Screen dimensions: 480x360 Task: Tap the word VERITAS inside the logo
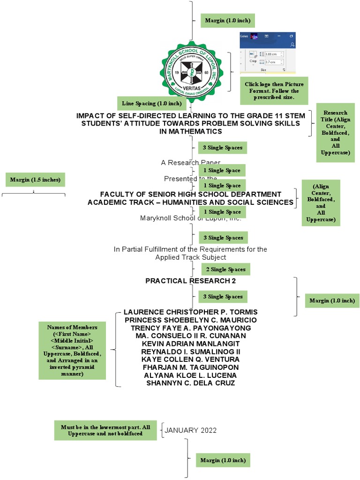pyautogui.click(x=191, y=88)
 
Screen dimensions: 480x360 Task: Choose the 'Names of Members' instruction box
pyautogui.click(x=72, y=350)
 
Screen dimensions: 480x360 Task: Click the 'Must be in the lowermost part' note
pyautogui.click(x=105, y=430)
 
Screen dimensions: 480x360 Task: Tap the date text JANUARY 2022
pyautogui.click(x=191, y=430)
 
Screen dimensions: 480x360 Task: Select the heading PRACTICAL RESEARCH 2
pyautogui.click(x=190, y=281)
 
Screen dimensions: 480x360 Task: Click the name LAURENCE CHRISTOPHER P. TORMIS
pyautogui.click(x=190, y=312)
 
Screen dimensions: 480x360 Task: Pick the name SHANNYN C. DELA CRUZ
pyautogui.click(x=190, y=383)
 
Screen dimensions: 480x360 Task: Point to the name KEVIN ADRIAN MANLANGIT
pyautogui.click(x=190, y=344)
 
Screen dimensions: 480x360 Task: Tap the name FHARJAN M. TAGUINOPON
pyautogui.click(x=190, y=367)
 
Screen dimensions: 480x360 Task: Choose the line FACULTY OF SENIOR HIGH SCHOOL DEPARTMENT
pyautogui.click(x=191, y=194)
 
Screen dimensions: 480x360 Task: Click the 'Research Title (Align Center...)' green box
pyautogui.click(x=335, y=133)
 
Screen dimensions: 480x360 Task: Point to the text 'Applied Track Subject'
pyautogui.click(x=191, y=257)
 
